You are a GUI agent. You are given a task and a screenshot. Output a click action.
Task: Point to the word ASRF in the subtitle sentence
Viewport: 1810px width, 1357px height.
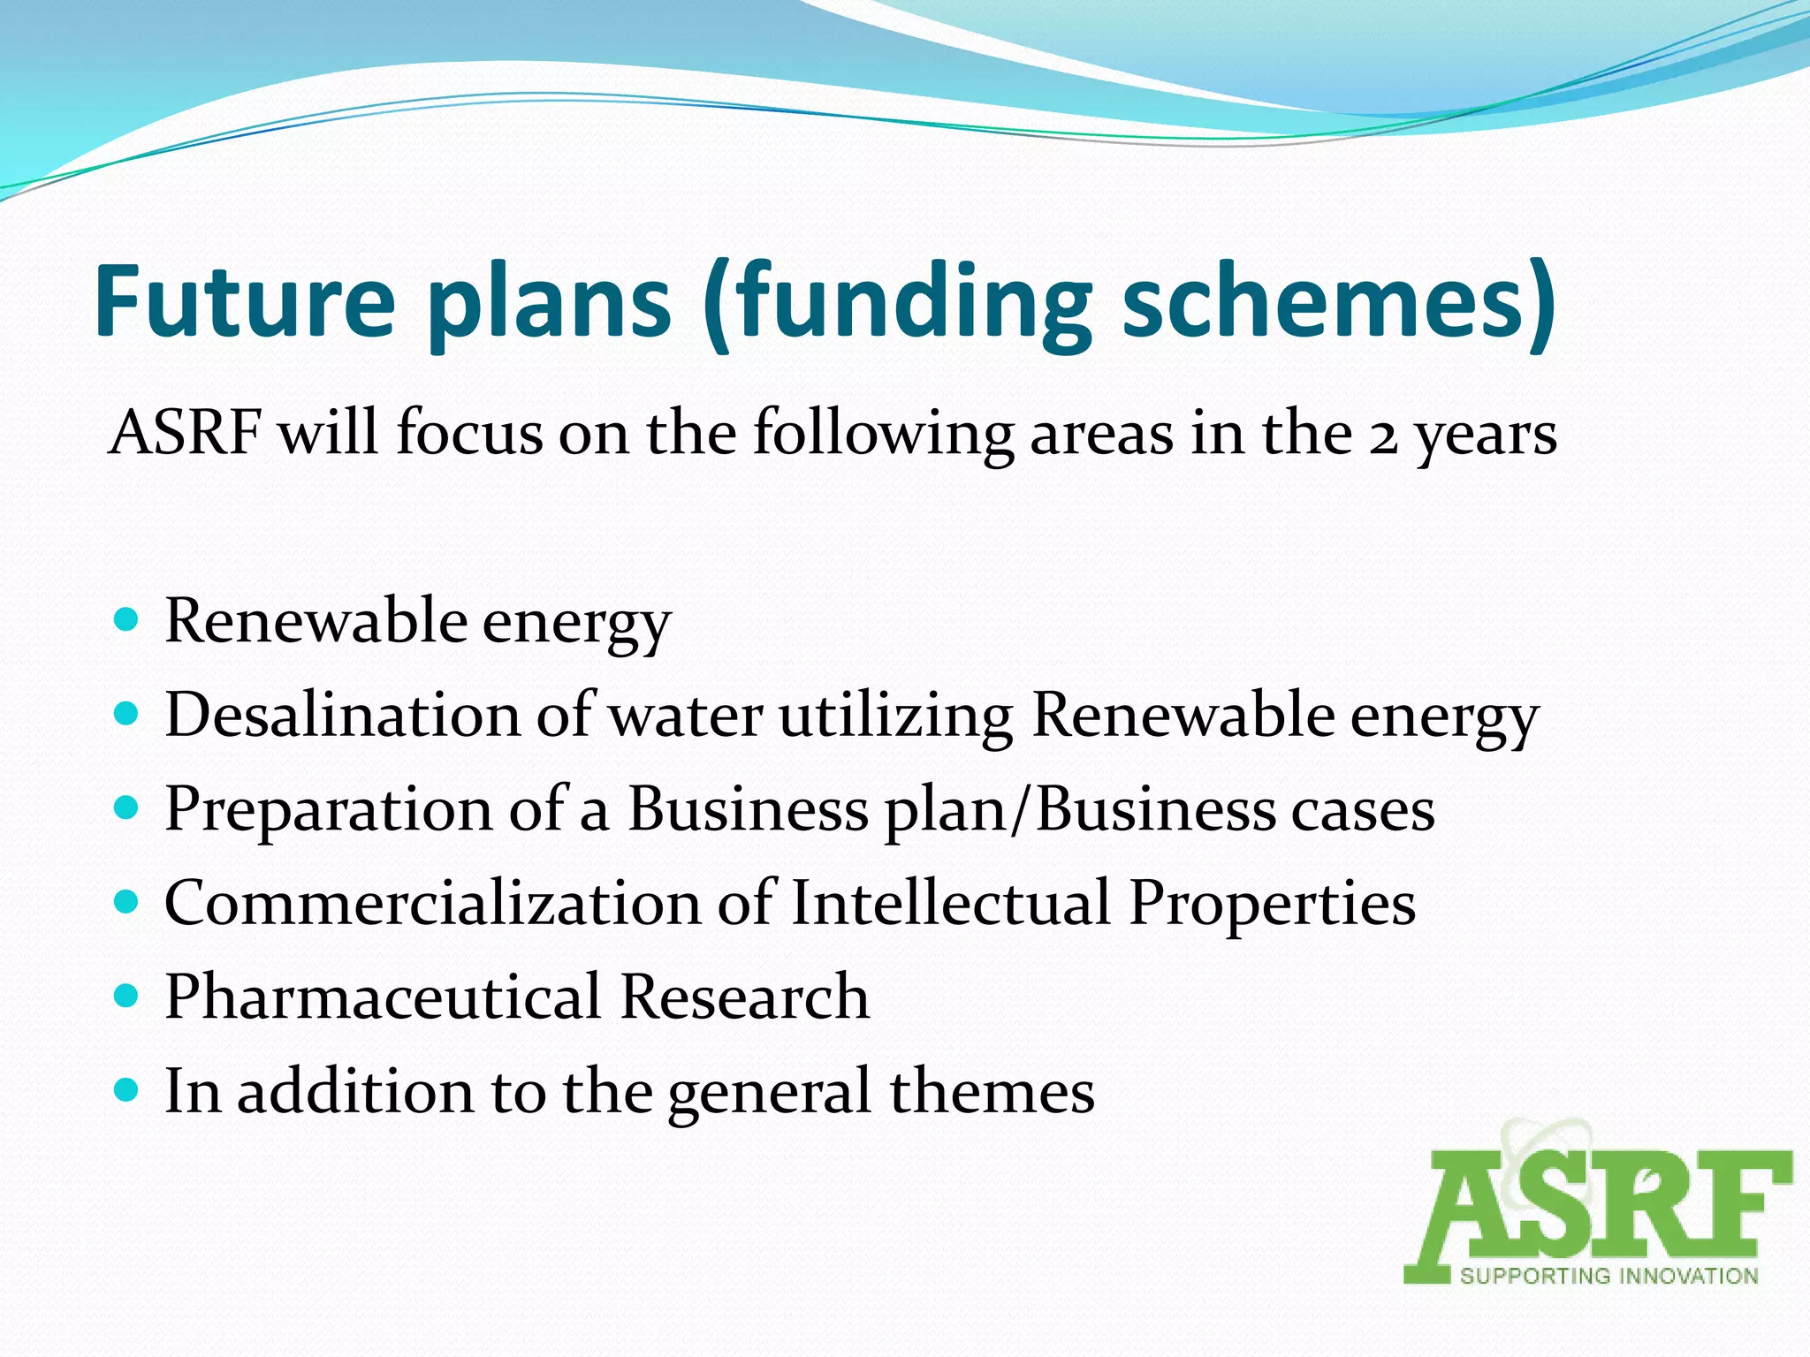pyautogui.click(x=185, y=433)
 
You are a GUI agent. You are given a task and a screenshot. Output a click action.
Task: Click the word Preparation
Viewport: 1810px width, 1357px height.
pyautogui.click(x=328, y=809)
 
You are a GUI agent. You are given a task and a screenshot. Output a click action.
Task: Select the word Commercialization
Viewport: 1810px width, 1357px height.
pyautogui.click(x=432, y=903)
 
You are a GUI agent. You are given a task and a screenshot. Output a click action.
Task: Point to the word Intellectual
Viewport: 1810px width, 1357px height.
pyautogui.click(x=950, y=903)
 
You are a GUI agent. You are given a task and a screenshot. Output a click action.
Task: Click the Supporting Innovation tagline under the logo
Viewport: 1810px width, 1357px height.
pyautogui.click(x=1608, y=1275)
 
